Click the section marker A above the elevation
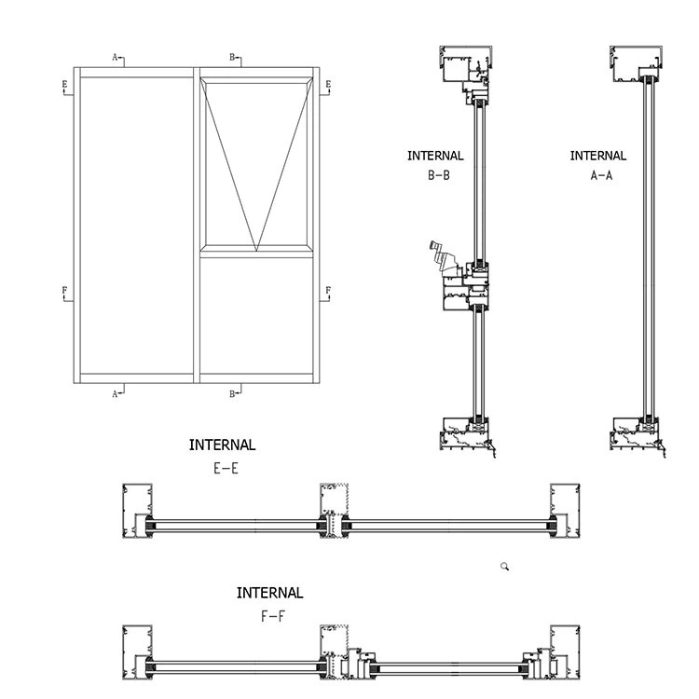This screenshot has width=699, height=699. [117, 58]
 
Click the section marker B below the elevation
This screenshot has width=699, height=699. [233, 393]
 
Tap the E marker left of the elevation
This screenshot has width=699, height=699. [64, 86]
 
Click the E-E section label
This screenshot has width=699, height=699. [226, 469]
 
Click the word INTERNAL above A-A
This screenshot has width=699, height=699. [598, 156]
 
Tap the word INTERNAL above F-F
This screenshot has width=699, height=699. [269, 593]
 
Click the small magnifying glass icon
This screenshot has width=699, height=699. [504, 566]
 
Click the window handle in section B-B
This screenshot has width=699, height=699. [437, 255]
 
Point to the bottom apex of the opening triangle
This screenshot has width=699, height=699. [255, 250]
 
